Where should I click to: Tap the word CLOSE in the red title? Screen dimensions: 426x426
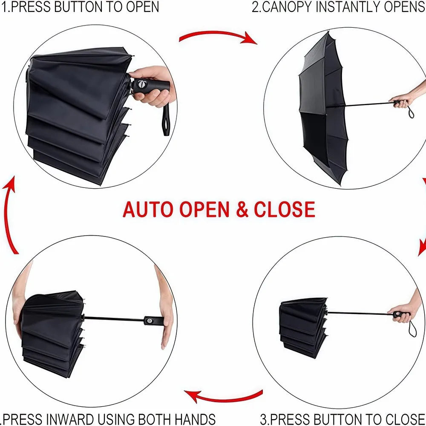[x=284, y=210]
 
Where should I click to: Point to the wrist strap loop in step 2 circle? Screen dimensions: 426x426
[x=410, y=112]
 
